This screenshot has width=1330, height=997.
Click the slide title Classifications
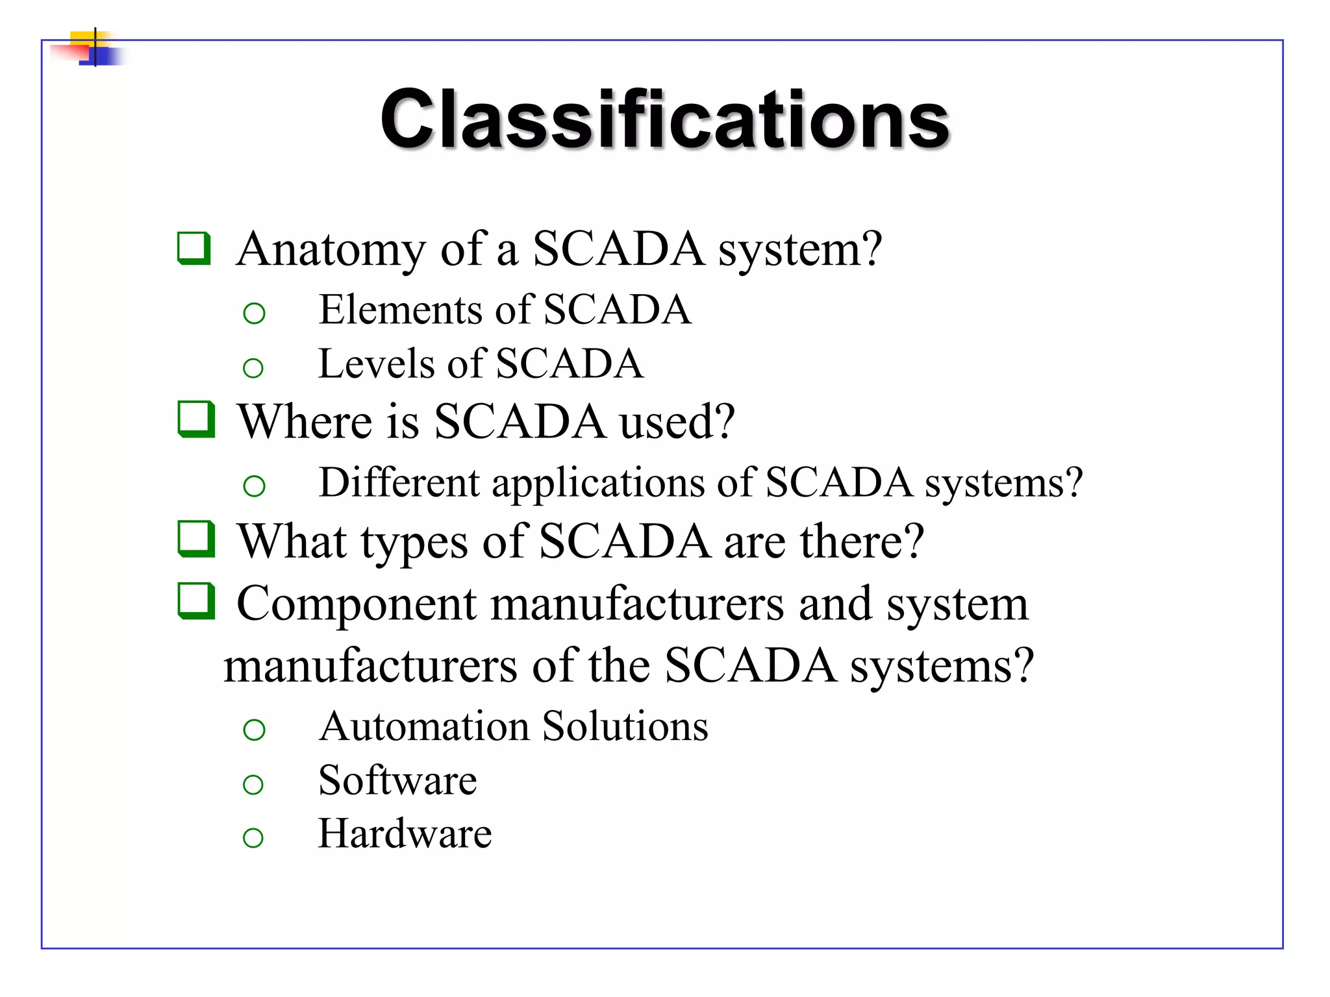[x=664, y=119]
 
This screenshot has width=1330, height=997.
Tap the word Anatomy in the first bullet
[x=331, y=249]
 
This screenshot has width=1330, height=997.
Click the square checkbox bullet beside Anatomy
[x=194, y=248]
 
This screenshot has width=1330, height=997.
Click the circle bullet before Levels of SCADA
[x=253, y=368]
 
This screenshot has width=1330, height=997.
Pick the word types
[x=414, y=543]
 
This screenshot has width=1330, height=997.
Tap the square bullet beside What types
[x=195, y=539]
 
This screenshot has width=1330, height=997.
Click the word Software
[x=397, y=780]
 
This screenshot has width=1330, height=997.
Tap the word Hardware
[x=405, y=833]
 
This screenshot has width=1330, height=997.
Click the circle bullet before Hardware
[x=253, y=837]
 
